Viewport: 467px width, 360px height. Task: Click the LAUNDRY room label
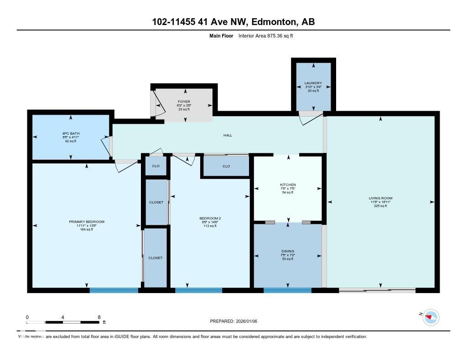coord(313,83)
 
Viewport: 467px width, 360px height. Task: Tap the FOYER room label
coord(184,101)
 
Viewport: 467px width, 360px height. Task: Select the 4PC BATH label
coord(71,133)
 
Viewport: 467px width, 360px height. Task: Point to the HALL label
coord(228,135)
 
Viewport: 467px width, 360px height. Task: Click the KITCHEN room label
coord(288,185)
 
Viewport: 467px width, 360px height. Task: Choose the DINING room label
coord(288,251)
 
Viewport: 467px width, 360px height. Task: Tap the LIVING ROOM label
coord(380,198)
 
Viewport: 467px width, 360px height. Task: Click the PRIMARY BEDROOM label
coord(87,222)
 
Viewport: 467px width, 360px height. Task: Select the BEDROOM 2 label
coord(210,218)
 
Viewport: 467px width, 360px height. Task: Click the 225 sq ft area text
coord(380,206)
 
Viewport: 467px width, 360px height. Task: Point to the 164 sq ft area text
coord(87,229)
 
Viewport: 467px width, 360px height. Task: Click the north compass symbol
coord(431,317)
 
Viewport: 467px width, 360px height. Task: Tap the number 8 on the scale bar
coord(99,317)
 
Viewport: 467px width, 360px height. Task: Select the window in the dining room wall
coord(287,290)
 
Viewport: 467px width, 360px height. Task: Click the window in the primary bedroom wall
coord(114,290)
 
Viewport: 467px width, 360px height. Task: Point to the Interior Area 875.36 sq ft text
coord(265,35)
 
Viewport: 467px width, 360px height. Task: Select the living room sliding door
coord(377,289)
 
